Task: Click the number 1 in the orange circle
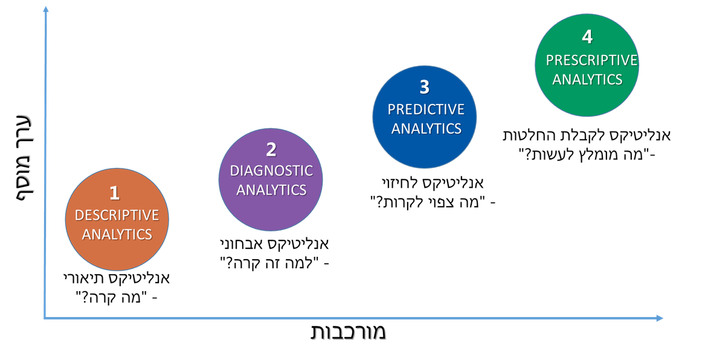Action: click(x=115, y=193)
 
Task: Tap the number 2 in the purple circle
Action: click(x=271, y=150)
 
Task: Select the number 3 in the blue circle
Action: click(x=425, y=87)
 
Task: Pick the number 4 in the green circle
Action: click(x=587, y=37)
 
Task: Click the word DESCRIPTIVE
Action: click(x=117, y=215)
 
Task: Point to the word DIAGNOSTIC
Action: click(x=271, y=171)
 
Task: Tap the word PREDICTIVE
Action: click(x=426, y=109)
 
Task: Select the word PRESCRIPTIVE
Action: click(x=591, y=60)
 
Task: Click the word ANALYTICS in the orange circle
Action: click(x=117, y=234)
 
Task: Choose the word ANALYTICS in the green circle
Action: click(x=587, y=80)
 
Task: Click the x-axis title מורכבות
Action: click(x=348, y=332)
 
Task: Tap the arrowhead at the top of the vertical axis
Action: click(x=45, y=10)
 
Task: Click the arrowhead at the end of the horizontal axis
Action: click(x=659, y=318)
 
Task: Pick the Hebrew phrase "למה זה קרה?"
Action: click(x=269, y=263)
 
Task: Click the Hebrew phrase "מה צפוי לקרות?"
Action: click(x=427, y=202)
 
